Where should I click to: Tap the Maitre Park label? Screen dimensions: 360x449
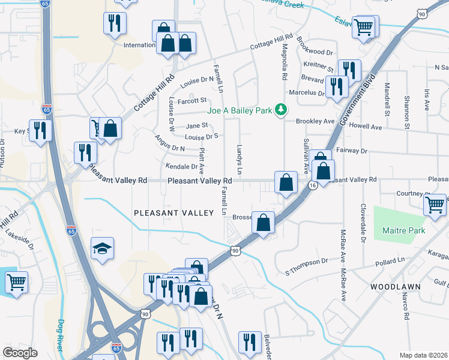(403, 230)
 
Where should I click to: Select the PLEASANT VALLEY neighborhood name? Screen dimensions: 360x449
(173, 213)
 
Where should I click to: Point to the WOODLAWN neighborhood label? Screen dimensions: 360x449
(395, 287)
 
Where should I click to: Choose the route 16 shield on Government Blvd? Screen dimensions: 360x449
(313, 186)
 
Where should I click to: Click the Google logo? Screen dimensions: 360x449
(20, 352)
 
